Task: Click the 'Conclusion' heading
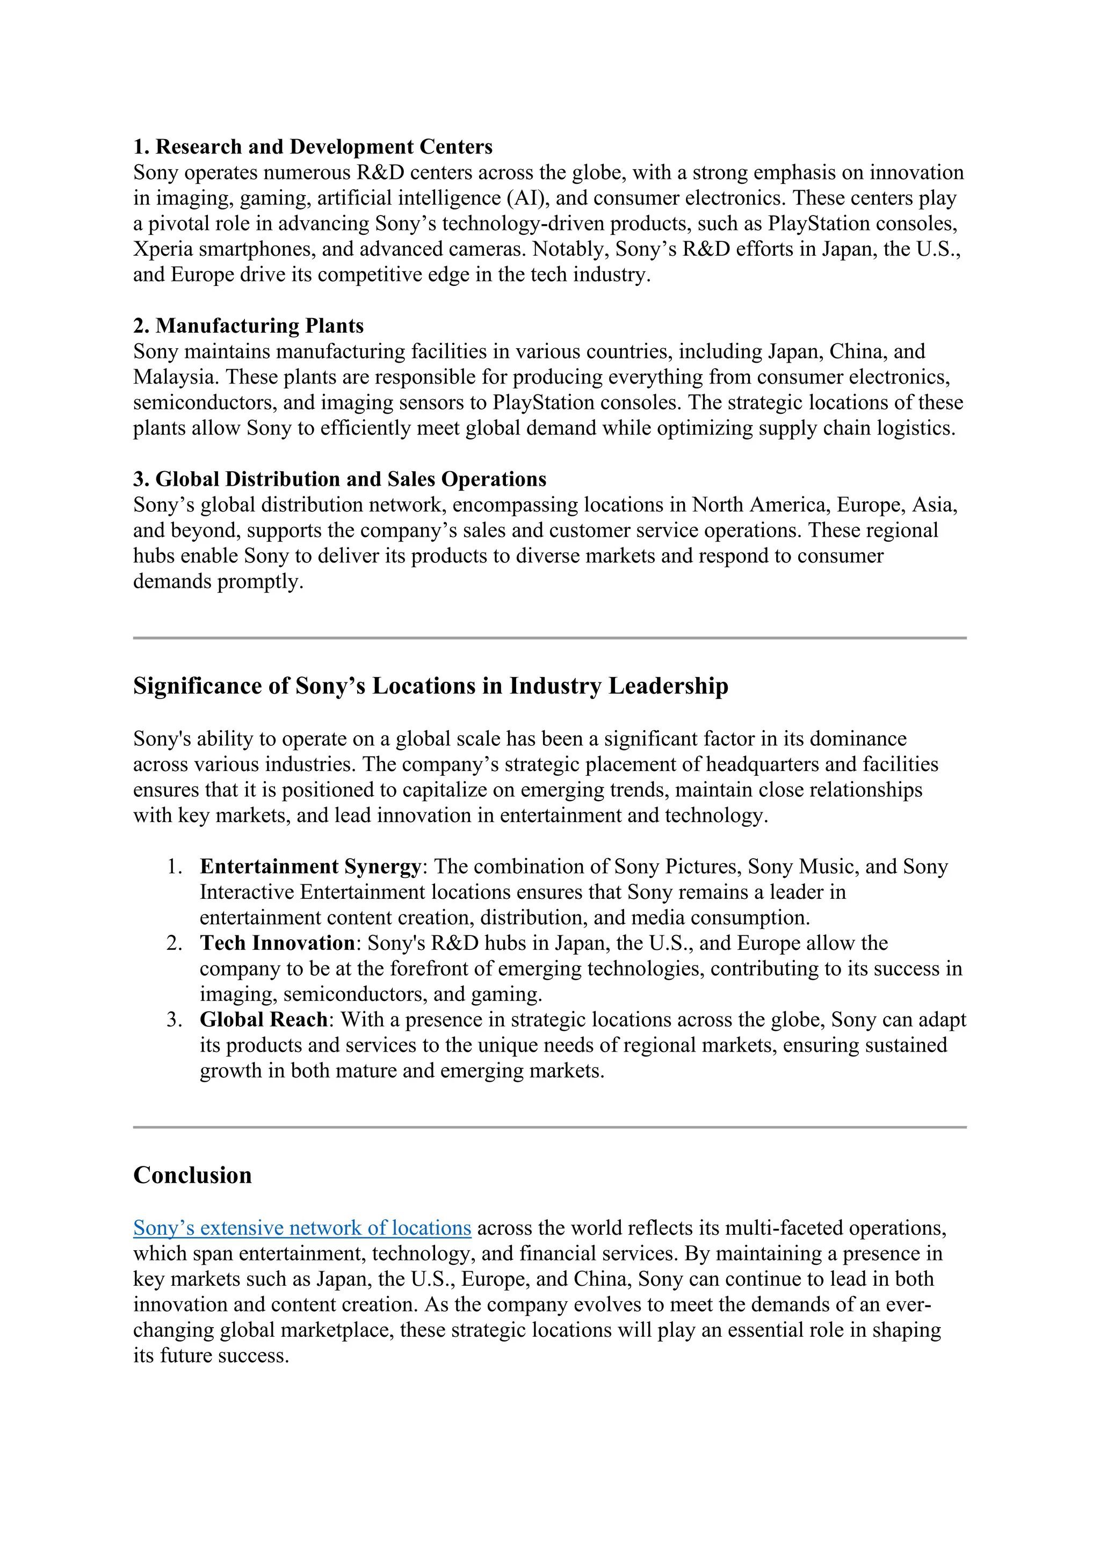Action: point(192,1175)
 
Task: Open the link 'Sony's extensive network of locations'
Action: point(302,1227)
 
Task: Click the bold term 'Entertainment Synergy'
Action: point(310,866)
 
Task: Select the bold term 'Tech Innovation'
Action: point(277,943)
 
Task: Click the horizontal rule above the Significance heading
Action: point(549,638)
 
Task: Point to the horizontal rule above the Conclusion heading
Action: point(549,1127)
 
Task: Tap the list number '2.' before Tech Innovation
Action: point(175,943)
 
